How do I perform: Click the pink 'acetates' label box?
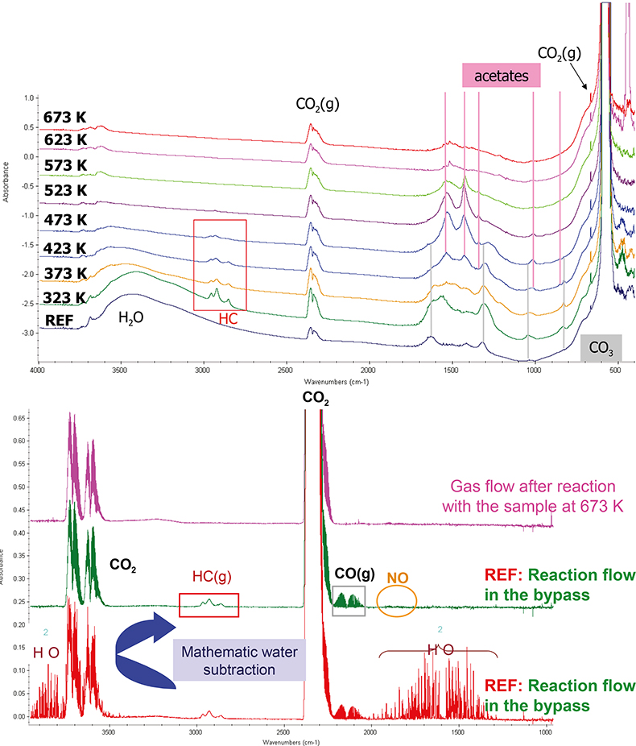(x=500, y=76)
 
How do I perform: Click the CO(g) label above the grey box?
(x=354, y=574)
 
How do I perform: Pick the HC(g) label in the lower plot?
(x=210, y=578)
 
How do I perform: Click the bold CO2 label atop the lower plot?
(x=316, y=397)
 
